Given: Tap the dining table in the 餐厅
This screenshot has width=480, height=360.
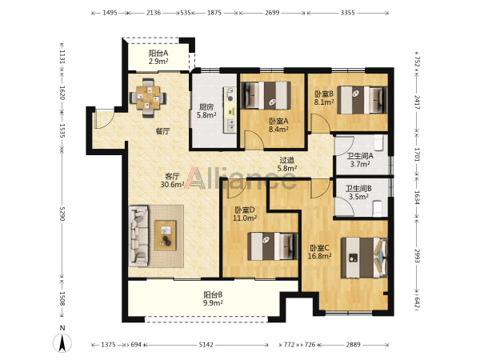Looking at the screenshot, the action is tap(148, 98).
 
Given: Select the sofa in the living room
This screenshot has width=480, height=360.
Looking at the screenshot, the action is tap(138, 235).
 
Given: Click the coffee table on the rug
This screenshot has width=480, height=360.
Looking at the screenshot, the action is tap(166, 235).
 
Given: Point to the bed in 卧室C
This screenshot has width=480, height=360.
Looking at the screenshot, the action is tap(364, 258).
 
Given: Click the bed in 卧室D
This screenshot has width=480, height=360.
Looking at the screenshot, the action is tap(273, 246).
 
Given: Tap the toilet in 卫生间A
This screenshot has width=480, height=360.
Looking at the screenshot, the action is tap(379, 142).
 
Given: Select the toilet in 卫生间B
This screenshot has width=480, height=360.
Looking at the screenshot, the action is tap(378, 209).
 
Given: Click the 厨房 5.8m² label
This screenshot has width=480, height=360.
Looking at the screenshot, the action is tap(206, 111).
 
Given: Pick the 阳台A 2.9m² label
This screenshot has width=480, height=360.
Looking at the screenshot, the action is tap(158, 58).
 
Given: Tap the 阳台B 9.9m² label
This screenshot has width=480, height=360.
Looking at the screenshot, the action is tap(213, 298).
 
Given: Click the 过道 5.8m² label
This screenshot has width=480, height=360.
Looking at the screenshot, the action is tap(287, 164).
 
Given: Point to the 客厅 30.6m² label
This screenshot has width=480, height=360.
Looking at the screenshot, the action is tap(172, 180).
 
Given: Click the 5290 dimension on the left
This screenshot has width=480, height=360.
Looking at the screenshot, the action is tap(62, 214).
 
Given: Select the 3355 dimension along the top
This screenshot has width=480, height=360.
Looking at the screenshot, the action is tap(348, 13).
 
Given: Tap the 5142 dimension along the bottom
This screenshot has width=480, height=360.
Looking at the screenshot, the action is tap(206, 345).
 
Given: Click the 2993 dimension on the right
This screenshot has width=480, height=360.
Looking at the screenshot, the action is tap(417, 255).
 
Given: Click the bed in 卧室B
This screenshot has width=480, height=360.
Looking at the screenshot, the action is tap(362, 100).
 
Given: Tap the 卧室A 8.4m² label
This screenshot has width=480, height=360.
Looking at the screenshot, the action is tap(278, 126).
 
